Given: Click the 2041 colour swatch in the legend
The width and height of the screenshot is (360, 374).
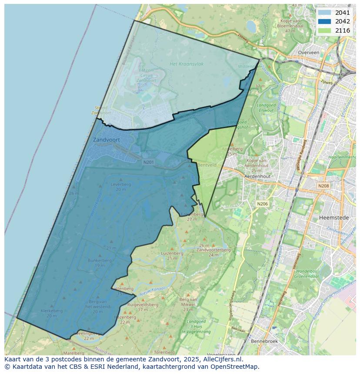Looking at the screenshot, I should point(324,13).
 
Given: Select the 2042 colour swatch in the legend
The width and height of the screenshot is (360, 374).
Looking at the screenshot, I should point(324,21).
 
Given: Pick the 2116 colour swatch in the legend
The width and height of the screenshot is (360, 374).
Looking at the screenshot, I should point(324,30).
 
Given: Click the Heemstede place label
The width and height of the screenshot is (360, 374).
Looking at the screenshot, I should point(331,217).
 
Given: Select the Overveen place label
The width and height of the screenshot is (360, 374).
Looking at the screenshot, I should point(308,53).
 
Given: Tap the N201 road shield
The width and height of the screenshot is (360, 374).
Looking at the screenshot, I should point(149,162).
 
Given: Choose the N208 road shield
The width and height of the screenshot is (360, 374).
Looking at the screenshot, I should point(323,186).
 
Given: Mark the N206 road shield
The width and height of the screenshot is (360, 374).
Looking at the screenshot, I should point(262,204).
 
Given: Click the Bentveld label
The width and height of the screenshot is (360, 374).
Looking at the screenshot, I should point(207,165).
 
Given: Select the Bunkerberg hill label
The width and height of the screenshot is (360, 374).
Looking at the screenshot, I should point(100,260).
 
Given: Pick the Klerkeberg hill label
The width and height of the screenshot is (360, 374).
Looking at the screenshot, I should point(52,311).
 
